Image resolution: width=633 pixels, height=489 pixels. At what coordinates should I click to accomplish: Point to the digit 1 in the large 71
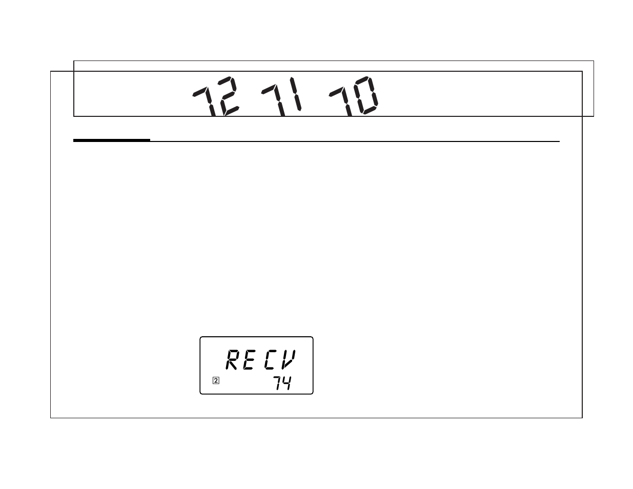pos(295,94)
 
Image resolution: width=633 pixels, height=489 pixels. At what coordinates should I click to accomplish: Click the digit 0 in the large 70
pos(365,95)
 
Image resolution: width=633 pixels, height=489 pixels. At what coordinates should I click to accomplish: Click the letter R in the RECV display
pos(233,360)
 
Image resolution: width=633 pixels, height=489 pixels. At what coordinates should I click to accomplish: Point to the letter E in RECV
pos(250,360)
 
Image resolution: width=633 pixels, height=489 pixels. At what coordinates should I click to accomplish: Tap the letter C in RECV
pos(270,360)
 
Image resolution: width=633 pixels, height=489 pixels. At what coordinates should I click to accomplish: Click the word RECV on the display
pos(260,360)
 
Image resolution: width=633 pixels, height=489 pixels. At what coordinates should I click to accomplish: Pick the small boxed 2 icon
pos(216,380)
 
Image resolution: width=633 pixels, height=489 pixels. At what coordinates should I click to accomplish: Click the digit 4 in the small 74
pos(287,383)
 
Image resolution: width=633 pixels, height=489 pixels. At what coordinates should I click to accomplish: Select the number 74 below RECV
pos(282,383)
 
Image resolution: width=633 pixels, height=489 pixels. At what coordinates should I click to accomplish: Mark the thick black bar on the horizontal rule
pos(112,140)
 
